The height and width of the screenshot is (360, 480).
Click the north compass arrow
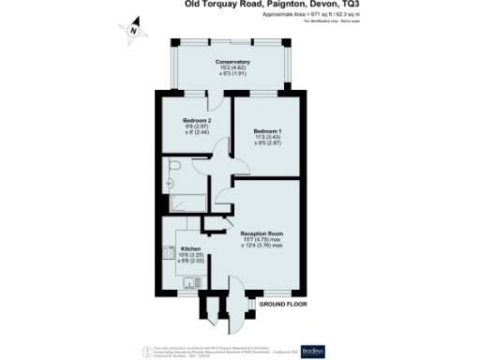point(133,31)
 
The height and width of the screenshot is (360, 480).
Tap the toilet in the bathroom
point(175,167)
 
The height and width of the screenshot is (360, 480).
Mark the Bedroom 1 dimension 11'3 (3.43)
point(267,136)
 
